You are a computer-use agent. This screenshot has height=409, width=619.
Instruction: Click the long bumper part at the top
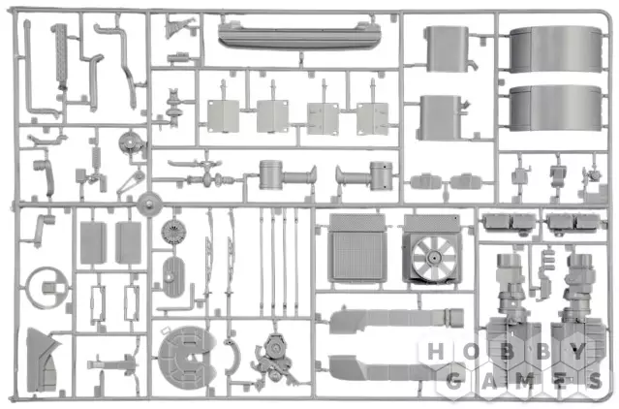tap(299, 36)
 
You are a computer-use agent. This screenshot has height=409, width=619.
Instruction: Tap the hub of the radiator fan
tap(434, 258)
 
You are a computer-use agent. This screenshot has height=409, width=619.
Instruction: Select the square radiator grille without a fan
tap(356, 248)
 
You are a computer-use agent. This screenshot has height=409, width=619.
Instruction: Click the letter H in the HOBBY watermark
tap(435, 352)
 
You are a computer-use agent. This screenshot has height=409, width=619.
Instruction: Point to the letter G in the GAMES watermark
tap(454, 381)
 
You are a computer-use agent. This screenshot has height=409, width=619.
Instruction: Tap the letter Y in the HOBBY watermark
tap(577, 352)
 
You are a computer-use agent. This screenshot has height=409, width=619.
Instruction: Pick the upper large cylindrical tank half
tap(555, 49)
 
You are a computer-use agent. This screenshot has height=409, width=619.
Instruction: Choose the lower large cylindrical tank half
tap(555, 108)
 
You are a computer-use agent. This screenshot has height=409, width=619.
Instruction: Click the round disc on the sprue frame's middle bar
tap(149, 204)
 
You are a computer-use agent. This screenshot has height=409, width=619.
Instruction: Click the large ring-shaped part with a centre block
tap(47, 288)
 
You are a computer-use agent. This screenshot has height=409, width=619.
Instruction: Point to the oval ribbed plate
tap(173, 277)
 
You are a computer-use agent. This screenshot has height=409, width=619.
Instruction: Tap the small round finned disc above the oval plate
tap(173, 232)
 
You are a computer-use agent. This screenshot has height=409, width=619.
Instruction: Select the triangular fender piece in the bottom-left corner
tap(42, 360)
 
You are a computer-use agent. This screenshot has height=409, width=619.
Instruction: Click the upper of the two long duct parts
tap(396, 320)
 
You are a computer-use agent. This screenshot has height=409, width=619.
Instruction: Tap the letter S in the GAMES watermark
tap(594, 381)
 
